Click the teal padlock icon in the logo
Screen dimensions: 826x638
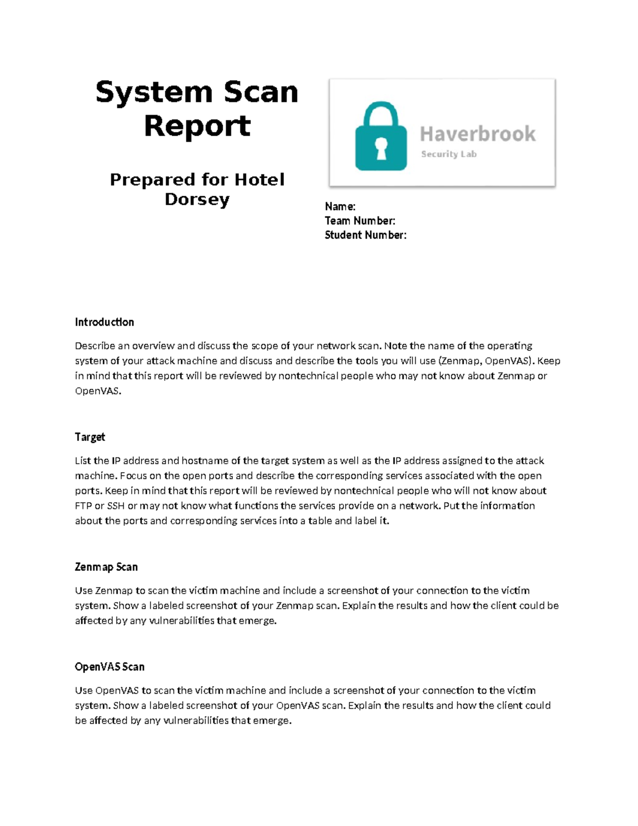(x=381, y=137)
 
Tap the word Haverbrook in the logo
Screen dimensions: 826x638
(x=477, y=134)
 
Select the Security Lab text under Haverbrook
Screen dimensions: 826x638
(x=449, y=154)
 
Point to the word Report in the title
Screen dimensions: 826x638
(x=197, y=127)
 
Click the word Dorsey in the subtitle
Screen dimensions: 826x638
(x=197, y=199)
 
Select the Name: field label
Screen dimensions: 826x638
(x=340, y=206)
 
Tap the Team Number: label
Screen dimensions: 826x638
(x=360, y=221)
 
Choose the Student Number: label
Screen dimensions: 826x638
(x=366, y=235)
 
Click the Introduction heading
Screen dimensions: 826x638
(x=104, y=322)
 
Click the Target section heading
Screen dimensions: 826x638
(x=90, y=437)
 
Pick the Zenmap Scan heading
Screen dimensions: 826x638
(x=106, y=567)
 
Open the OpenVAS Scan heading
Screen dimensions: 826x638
(x=110, y=667)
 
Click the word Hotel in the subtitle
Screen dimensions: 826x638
(x=259, y=180)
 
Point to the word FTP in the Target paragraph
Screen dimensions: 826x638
(x=83, y=506)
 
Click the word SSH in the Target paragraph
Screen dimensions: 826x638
(x=116, y=506)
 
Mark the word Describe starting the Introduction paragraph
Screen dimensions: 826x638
(x=95, y=346)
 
